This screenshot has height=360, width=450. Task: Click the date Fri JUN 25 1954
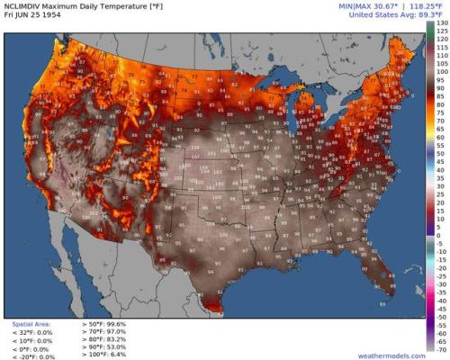tap(33, 14)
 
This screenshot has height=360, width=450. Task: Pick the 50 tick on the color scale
tap(440, 156)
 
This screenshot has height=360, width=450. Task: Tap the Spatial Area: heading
tap(31, 322)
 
